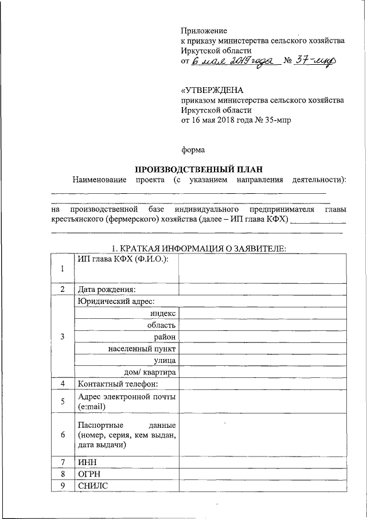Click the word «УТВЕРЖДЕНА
[x=212, y=90]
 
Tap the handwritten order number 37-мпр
[x=313, y=62]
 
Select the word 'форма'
[x=193, y=150]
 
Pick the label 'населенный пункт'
[x=142, y=348]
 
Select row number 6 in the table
[x=63, y=435]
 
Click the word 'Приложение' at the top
[x=204, y=30]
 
